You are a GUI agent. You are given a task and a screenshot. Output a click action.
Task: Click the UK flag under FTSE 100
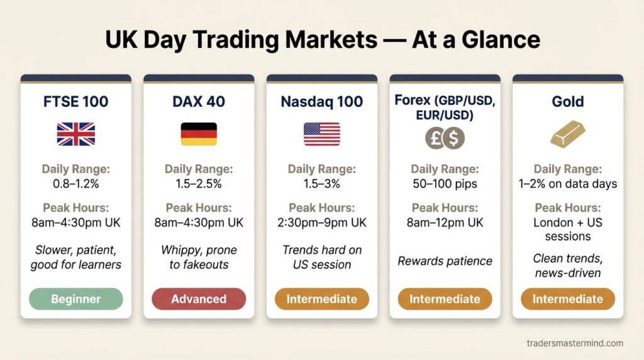pyautogui.click(x=76, y=134)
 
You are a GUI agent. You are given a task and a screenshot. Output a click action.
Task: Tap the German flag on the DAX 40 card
pyautogui.click(x=199, y=134)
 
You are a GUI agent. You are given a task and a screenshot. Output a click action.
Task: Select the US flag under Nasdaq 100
pyautogui.click(x=322, y=134)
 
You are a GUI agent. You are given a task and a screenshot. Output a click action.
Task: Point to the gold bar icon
pyautogui.click(x=568, y=134)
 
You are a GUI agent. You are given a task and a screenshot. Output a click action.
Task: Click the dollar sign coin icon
pyautogui.click(x=453, y=138)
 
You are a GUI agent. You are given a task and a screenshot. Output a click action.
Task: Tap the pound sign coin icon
pyautogui.click(x=435, y=138)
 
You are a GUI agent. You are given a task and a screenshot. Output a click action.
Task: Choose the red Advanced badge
pyautogui.click(x=199, y=299)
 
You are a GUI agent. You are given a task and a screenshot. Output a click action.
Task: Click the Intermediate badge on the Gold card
pyautogui.click(x=568, y=299)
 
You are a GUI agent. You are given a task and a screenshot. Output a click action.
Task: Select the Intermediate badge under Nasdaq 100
pyautogui.click(x=322, y=299)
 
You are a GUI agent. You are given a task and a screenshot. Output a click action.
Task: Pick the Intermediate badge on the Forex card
pyautogui.click(x=445, y=299)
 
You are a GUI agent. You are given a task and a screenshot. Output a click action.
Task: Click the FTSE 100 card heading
pyautogui.click(x=76, y=101)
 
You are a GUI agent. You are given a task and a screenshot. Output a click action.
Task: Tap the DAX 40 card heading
pyautogui.click(x=199, y=101)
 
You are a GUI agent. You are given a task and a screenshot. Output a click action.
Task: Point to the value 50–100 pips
pyautogui.click(x=445, y=184)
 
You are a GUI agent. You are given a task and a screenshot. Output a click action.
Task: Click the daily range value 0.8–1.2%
pyautogui.click(x=76, y=184)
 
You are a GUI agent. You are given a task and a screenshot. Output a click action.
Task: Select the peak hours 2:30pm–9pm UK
pyautogui.click(x=322, y=223)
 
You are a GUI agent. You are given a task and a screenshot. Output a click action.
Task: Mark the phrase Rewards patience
pyautogui.click(x=445, y=261)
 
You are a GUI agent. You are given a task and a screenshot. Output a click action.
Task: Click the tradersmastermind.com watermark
pyautogui.click(x=575, y=343)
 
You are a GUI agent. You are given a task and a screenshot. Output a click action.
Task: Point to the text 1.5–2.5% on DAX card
pyautogui.click(x=199, y=184)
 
